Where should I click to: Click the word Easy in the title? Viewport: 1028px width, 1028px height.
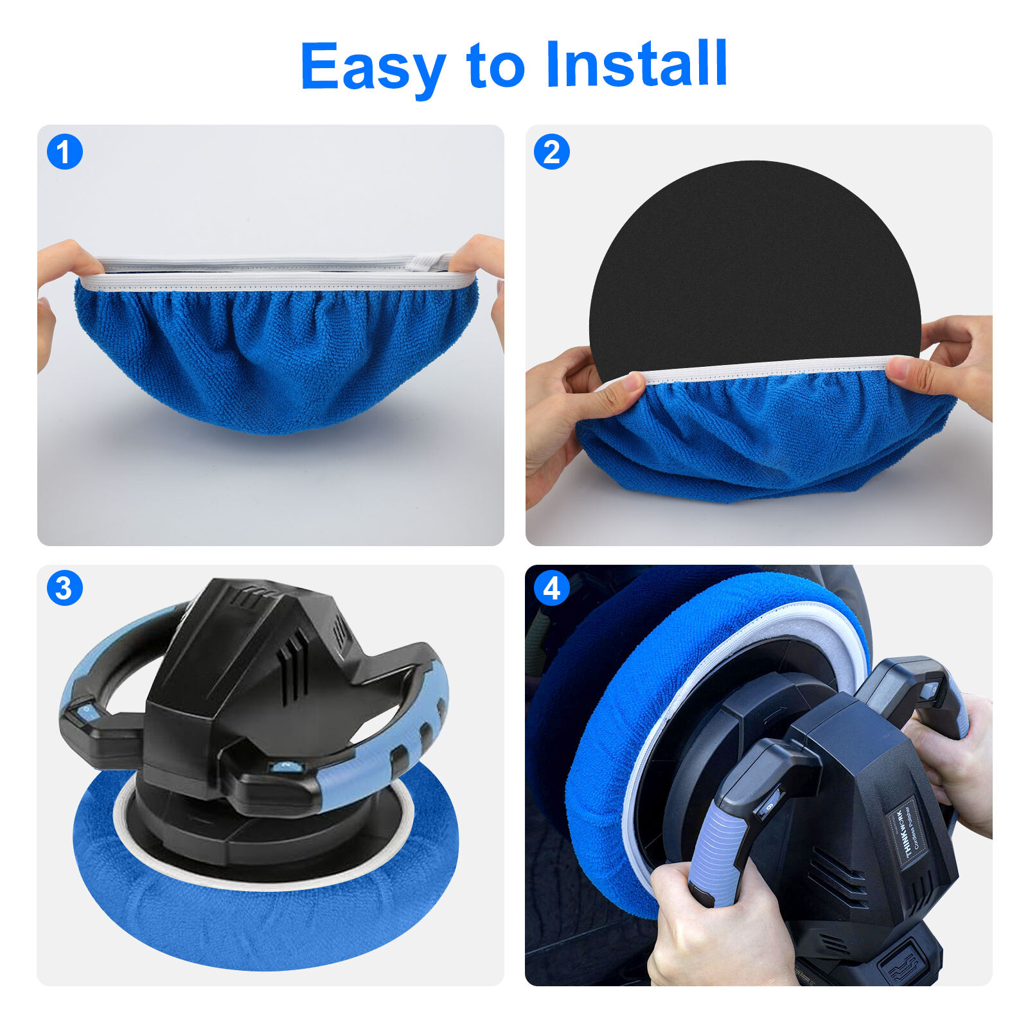373,66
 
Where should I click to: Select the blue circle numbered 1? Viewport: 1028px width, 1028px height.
65,152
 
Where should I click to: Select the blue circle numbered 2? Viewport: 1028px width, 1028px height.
552,152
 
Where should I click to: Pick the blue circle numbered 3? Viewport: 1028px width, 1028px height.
65,587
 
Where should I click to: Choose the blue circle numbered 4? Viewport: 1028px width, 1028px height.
552,587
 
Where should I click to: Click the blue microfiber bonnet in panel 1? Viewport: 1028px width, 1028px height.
276,360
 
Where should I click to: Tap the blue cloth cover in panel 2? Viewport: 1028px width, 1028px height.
765,437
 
